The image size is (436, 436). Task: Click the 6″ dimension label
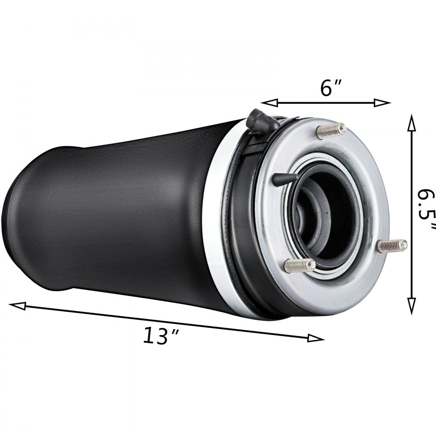[330, 89]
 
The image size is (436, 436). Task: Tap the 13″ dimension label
[161, 336]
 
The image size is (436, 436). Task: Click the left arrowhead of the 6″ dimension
[267, 103]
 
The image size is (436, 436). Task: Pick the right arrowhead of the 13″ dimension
[317, 338]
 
